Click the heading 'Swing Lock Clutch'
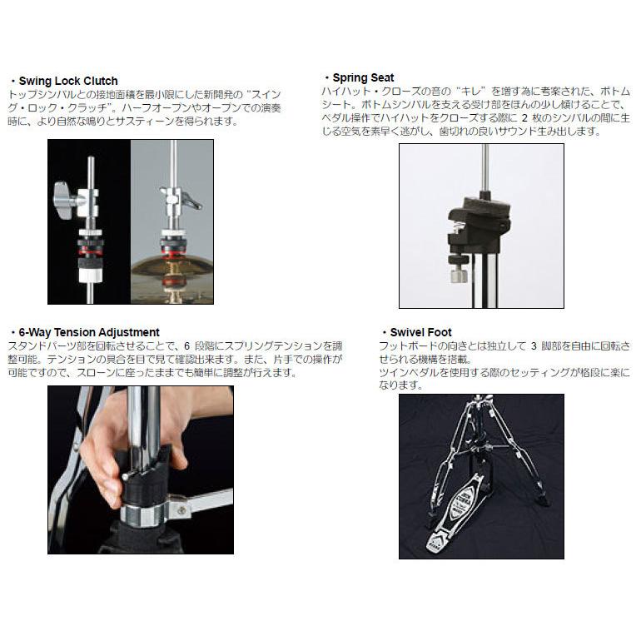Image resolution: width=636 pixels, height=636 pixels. (x=67, y=81)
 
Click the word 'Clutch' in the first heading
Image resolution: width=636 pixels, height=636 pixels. (x=100, y=81)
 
